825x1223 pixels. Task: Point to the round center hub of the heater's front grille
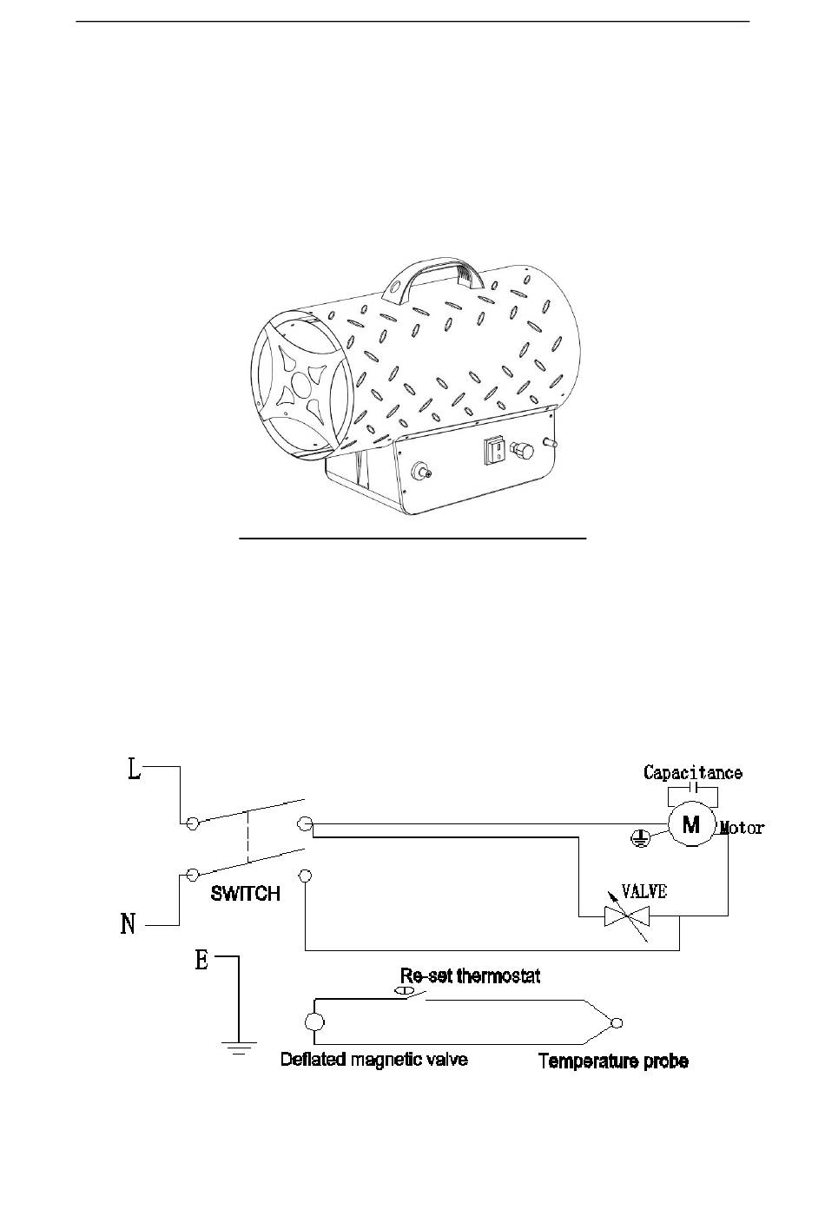[300, 383]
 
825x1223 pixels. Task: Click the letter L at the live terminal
[135, 770]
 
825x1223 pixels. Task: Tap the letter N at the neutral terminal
[128, 924]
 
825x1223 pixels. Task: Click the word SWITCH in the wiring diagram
[246, 893]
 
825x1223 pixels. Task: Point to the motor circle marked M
[691, 824]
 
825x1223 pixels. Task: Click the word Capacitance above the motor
[693, 772]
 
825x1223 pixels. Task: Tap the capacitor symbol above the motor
[693, 787]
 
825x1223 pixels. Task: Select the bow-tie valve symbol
[627, 916]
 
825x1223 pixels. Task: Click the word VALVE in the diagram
[644, 891]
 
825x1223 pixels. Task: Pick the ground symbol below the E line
[239, 1048]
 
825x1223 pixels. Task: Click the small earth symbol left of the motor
[640, 838]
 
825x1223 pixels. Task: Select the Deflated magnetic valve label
[374, 1059]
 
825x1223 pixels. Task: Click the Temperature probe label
[613, 1061]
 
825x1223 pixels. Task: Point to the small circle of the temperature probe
[617, 1022]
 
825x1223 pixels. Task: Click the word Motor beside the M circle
[742, 828]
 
